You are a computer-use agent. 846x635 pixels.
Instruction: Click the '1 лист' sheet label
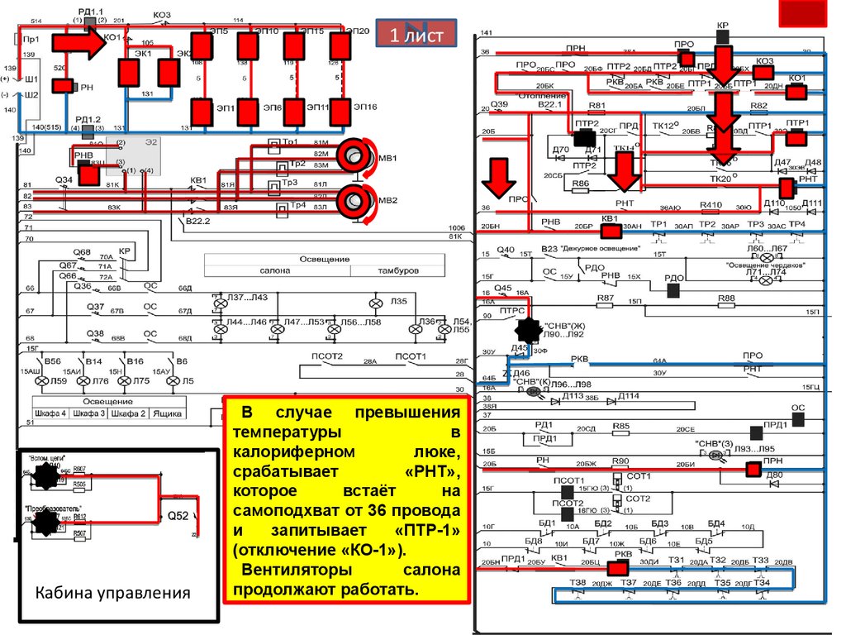click(x=416, y=35)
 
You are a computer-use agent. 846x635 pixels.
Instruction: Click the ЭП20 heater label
click(x=359, y=31)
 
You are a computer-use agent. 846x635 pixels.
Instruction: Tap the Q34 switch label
click(x=64, y=179)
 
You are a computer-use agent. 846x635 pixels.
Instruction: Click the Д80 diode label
click(x=774, y=475)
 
